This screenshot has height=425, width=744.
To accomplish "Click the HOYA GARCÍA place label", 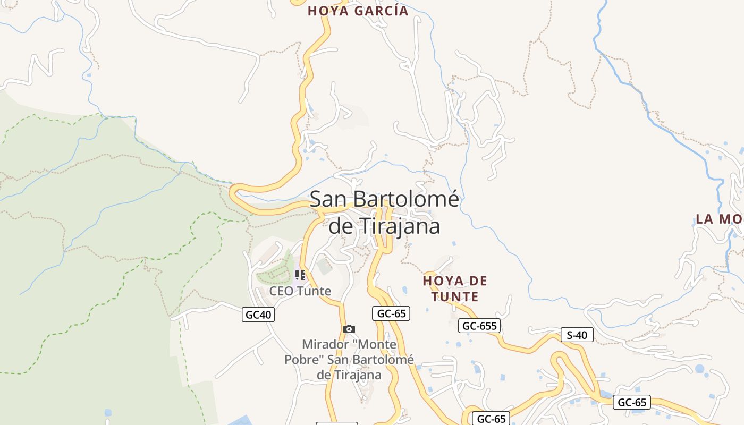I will click(358, 11).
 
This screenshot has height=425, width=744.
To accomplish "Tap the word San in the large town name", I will click(328, 199).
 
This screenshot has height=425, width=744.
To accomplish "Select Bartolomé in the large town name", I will click(405, 199).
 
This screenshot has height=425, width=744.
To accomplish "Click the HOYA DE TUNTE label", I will click(455, 288).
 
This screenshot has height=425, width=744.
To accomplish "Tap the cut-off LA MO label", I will click(719, 219).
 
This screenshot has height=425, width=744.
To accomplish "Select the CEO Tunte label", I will click(300, 291).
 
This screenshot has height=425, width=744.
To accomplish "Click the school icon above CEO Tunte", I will click(300, 275).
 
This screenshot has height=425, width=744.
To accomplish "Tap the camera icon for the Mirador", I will click(349, 329).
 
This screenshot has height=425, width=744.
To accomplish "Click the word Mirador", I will click(325, 345).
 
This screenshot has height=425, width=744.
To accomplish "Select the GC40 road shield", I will click(259, 314).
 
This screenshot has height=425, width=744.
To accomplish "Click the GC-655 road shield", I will click(479, 326).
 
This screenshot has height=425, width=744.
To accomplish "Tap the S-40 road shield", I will click(577, 335).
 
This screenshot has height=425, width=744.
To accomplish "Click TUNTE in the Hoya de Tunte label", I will click(455, 296).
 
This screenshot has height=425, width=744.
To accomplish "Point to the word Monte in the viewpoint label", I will click(377, 345).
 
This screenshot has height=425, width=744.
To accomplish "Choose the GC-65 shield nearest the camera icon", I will click(391, 313).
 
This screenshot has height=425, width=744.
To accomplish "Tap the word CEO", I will click(282, 291).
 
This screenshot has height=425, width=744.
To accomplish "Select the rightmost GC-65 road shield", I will click(632, 402).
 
